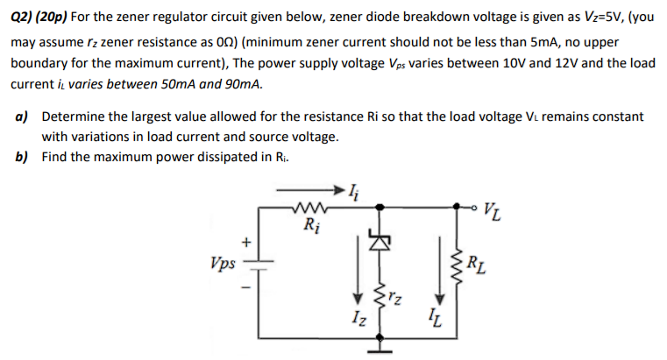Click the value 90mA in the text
click(241, 86)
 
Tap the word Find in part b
click(55, 159)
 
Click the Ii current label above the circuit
click(353, 186)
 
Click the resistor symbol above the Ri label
click(310, 208)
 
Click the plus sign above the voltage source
click(248, 239)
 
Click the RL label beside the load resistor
click(474, 260)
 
